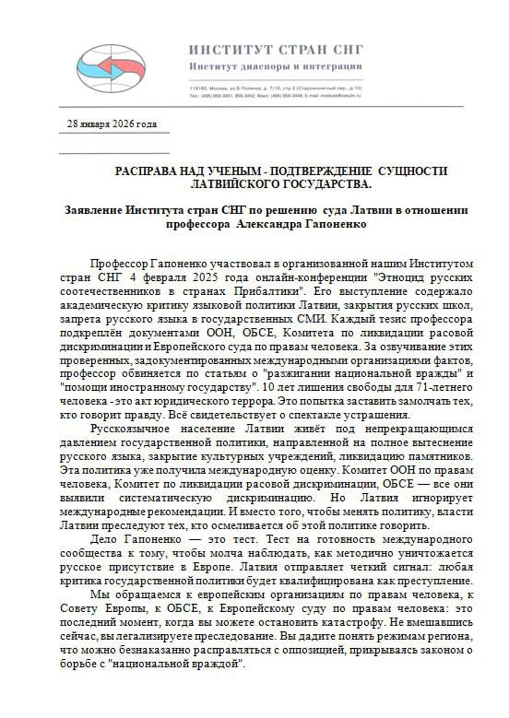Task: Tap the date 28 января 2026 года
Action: point(112,124)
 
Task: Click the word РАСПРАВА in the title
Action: point(151,171)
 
